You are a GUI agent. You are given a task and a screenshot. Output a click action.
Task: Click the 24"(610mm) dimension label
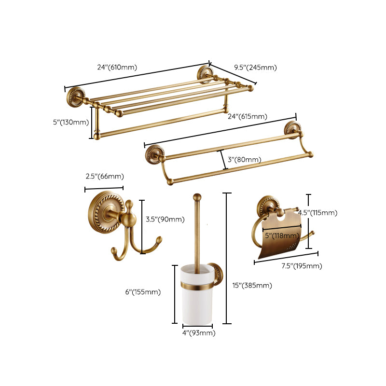117,67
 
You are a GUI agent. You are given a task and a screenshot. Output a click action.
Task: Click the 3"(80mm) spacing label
245,159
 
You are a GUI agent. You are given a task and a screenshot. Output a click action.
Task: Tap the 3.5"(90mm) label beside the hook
165,220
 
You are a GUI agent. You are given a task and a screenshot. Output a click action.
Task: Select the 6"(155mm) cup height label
143,292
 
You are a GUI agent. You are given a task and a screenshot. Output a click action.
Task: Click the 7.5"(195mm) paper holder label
303,266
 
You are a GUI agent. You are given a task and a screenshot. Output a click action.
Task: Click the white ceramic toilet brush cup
197,302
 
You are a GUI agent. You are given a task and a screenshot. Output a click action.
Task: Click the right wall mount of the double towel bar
291,129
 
